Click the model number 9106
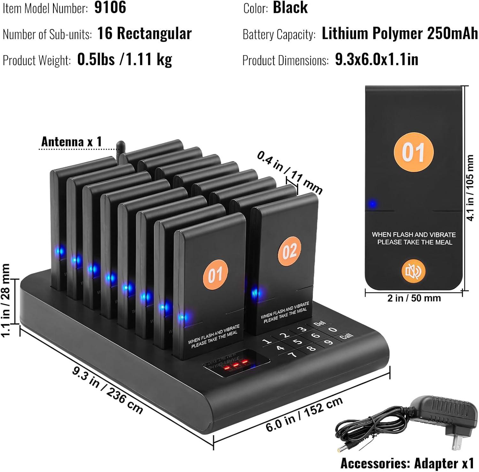coord(110,8)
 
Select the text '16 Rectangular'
coord(144,33)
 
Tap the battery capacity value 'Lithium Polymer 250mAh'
coord(400,34)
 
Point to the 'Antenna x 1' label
coord(72,142)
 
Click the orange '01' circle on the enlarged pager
coord(414,152)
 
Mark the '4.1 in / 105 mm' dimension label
coord(471,188)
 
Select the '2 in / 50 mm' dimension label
coord(414,298)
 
